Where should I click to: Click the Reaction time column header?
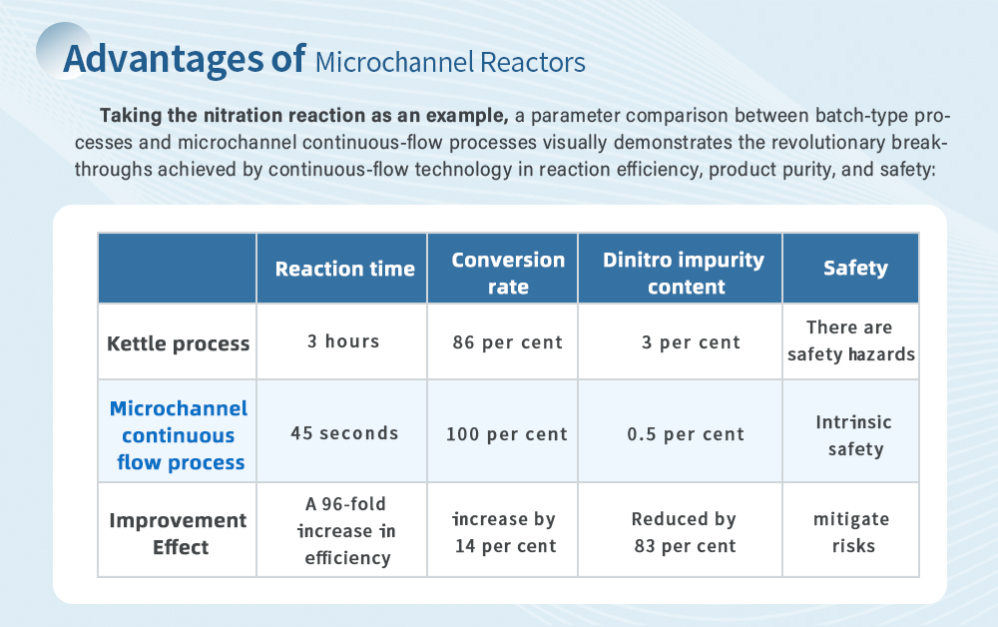[x=344, y=269]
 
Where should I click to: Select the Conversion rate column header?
[x=508, y=273]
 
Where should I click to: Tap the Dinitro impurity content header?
[x=684, y=273]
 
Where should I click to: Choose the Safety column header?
[x=855, y=268]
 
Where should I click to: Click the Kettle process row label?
[x=179, y=343]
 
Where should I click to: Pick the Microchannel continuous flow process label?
[x=179, y=435]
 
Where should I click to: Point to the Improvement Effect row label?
[x=178, y=533]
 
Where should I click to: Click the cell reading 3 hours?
[x=343, y=341]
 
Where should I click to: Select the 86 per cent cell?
[x=507, y=342]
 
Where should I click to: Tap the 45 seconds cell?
[x=344, y=433]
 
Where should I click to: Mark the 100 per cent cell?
[x=506, y=434]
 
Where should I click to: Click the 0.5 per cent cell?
[x=686, y=434]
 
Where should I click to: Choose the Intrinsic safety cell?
[x=854, y=435]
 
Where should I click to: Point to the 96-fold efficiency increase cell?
[x=346, y=531]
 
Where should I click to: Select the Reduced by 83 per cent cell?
[x=685, y=532]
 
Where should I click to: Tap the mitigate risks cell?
[x=851, y=532]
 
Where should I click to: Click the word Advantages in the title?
[x=164, y=59]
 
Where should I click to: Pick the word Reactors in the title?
[x=533, y=62]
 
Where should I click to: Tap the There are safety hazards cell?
[x=851, y=340]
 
